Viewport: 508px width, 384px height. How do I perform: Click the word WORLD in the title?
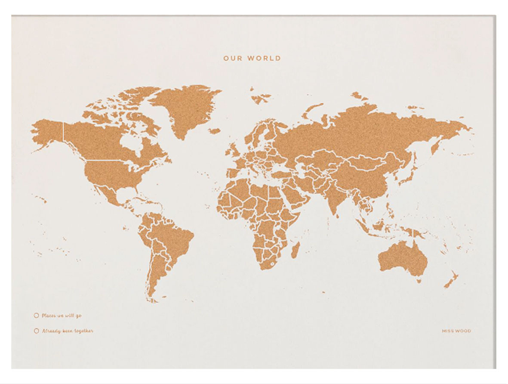tap(264, 58)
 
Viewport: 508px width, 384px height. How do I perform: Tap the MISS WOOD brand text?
tap(456, 331)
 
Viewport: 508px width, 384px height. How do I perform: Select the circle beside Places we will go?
tap(36, 316)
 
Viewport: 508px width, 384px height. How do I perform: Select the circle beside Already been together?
tap(36, 331)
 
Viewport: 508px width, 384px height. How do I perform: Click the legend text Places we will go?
tap(62, 316)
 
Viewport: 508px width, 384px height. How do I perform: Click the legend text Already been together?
tap(68, 331)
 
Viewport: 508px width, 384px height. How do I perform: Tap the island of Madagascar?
tap(295, 250)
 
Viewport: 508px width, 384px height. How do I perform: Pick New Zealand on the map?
tap(452, 280)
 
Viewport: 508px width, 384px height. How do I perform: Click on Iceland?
tap(214, 130)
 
